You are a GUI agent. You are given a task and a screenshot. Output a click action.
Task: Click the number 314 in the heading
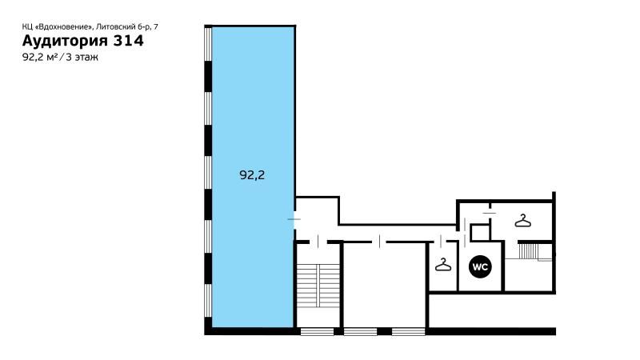(128, 41)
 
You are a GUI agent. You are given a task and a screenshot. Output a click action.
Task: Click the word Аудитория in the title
(65, 41)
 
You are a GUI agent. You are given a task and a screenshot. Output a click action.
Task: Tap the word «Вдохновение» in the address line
(65, 27)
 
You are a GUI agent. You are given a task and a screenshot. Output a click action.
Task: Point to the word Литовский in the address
(115, 27)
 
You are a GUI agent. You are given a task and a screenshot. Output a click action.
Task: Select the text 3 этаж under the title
(82, 57)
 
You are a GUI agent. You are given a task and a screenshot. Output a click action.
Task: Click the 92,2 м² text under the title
(39, 57)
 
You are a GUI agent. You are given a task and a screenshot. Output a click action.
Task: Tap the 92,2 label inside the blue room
(252, 175)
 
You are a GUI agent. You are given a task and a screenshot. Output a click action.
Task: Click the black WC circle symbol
(480, 267)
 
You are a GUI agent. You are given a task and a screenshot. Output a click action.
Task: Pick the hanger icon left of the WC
(443, 265)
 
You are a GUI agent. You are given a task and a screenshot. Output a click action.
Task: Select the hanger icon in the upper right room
(523, 221)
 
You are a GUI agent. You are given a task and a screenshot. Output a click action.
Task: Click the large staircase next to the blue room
(318, 286)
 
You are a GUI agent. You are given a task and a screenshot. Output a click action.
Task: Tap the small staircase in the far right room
(528, 251)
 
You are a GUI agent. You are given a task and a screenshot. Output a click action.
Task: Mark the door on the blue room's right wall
(294, 219)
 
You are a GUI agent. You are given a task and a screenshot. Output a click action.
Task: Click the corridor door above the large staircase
(318, 242)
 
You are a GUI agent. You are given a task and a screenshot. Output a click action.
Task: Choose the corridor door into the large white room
(379, 242)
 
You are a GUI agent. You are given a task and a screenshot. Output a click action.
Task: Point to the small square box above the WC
(481, 232)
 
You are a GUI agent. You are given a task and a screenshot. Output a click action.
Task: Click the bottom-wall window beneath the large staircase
(317, 331)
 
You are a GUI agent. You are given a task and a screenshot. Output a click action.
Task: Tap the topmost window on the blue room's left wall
(208, 44)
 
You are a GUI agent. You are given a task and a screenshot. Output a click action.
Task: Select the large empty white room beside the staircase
(384, 285)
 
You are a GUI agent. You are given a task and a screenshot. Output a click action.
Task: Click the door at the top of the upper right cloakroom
(489, 213)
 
